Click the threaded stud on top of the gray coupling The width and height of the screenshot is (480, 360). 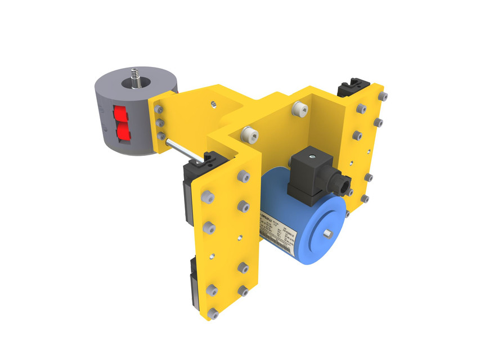pyautogui.click(x=134, y=76)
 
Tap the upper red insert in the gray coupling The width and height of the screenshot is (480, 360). pyautogui.click(x=120, y=114)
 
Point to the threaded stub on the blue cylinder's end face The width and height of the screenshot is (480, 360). pyautogui.click(x=327, y=232)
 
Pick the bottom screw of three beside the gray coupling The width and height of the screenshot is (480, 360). pyautogui.click(x=162, y=136)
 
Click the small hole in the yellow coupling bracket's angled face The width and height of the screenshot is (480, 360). pyautogui.click(x=213, y=104)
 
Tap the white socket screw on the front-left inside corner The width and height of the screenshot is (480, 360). pyautogui.click(x=246, y=135)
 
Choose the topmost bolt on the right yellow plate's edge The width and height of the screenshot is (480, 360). pyautogui.click(x=384, y=98)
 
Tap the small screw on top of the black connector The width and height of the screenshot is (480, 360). pyautogui.click(x=309, y=152)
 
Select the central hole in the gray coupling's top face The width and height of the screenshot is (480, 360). pyautogui.click(x=135, y=84)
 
